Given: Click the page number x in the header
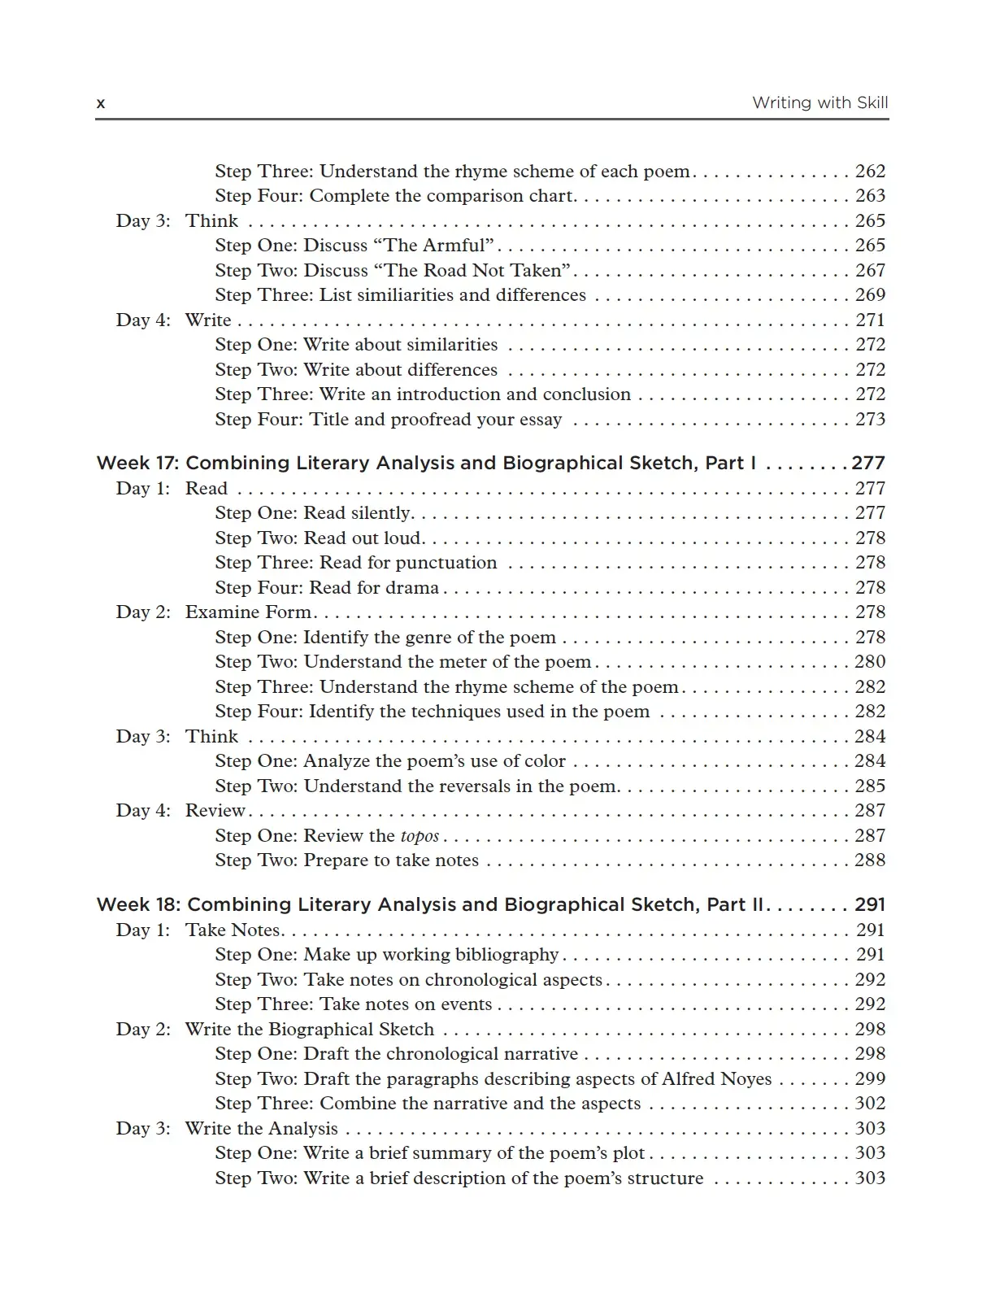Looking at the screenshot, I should point(101,103).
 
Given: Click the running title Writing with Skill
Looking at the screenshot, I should point(820,102).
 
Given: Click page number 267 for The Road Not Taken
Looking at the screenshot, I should point(870,270).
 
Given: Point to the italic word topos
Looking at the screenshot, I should point(420,836).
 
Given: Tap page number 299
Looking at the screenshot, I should point(870,1078).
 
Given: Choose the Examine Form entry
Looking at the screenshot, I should point(248,612).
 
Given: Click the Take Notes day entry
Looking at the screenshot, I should point(233,930).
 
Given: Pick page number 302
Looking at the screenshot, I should point(870,1103).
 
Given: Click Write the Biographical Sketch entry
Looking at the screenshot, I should point(309,1029).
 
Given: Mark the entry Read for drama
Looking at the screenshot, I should point(327,587).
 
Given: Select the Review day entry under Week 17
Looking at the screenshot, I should point(215,810).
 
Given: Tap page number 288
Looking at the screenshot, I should point(870,860).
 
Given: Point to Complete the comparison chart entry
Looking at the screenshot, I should point(395,195).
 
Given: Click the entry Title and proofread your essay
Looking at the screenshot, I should point(388,419).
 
